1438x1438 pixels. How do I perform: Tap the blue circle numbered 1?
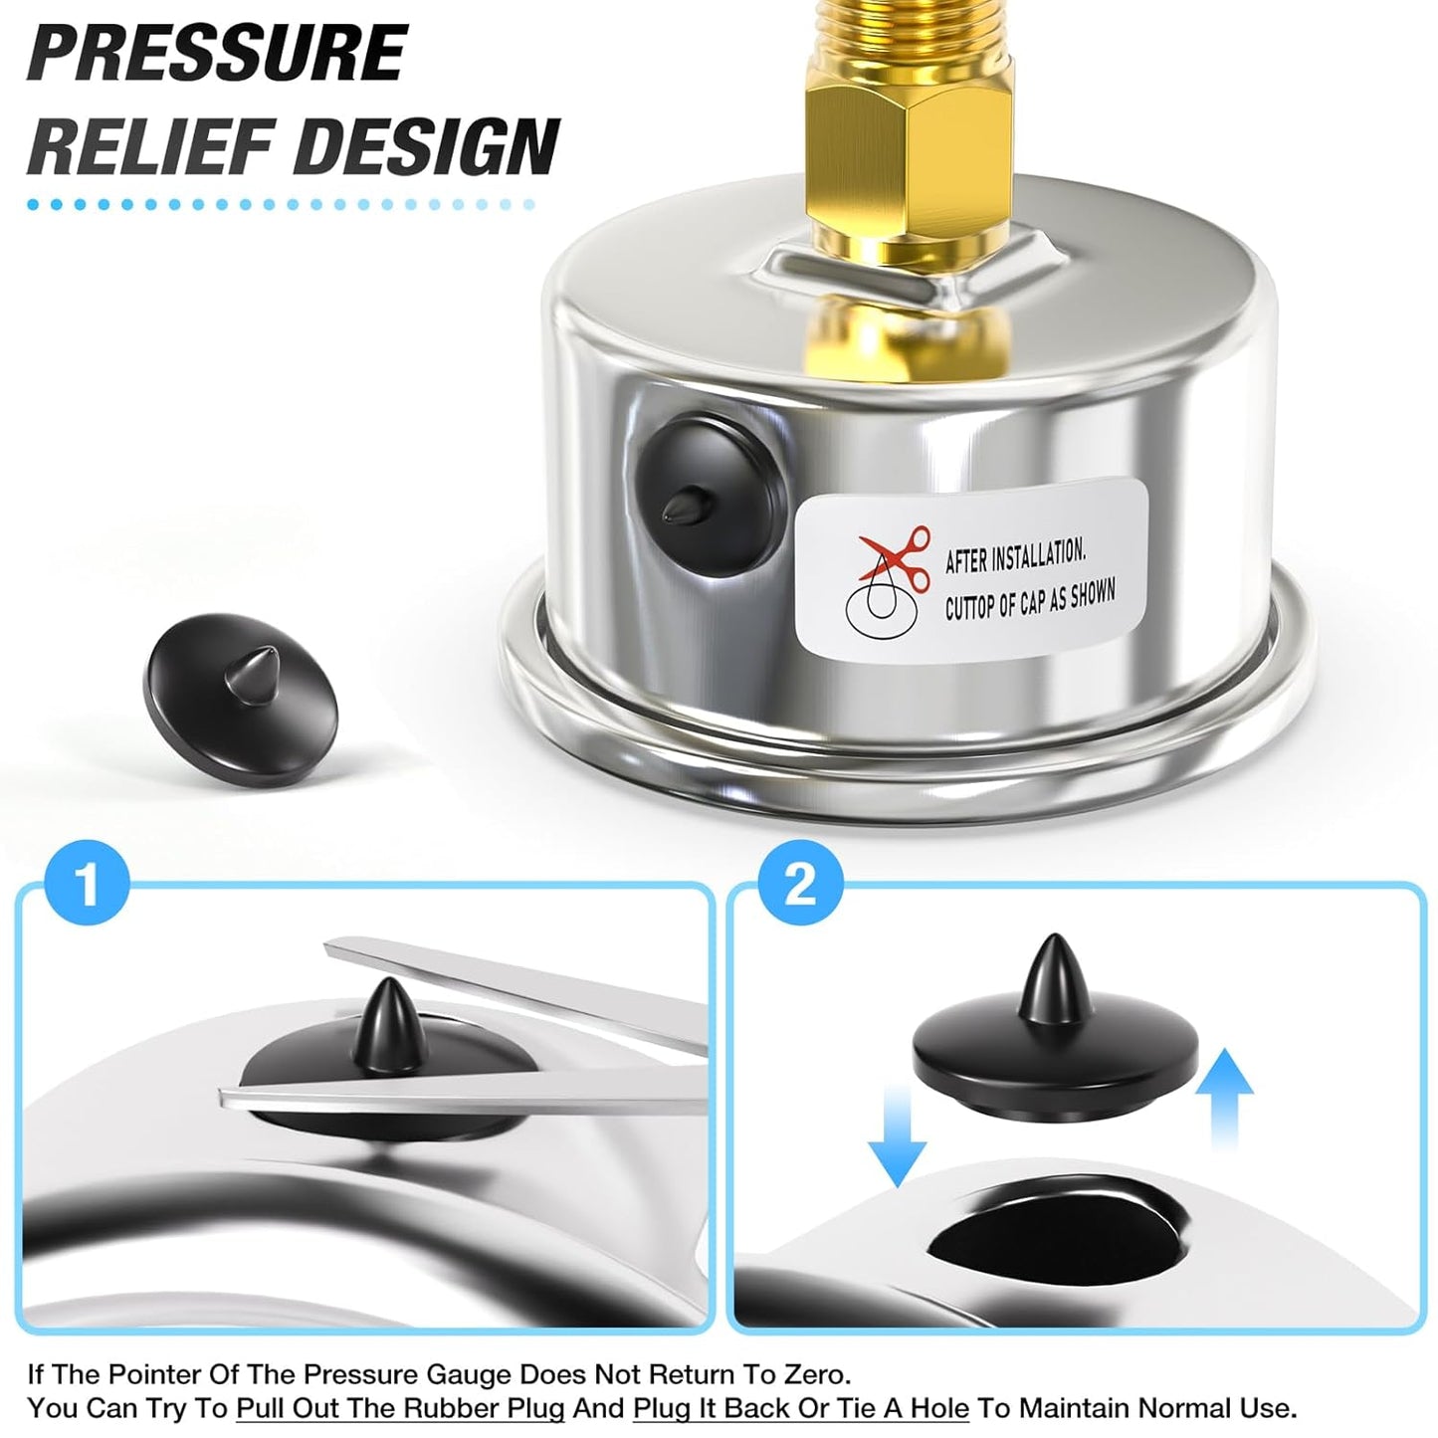[x=88, y=883]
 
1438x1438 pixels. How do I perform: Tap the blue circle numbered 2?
[x=799, y=883]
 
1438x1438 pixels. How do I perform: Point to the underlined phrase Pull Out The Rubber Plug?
[x=400, y=1408]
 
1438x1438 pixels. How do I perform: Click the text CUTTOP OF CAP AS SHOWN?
[x=1029, y=601]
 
